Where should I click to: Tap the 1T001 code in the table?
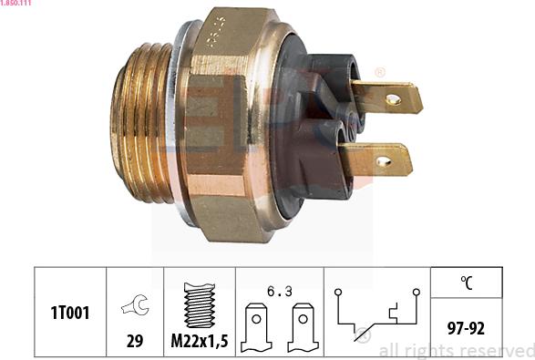point(69,313)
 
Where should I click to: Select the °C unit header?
point(468,283)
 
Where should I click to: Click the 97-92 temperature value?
point(468,326)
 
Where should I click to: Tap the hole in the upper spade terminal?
point(392,98)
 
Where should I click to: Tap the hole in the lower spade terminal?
point(383,162)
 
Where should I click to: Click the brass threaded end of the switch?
point(141,128)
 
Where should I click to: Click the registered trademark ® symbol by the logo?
point(379,72)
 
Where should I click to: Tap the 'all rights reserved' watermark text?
point(455,351)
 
